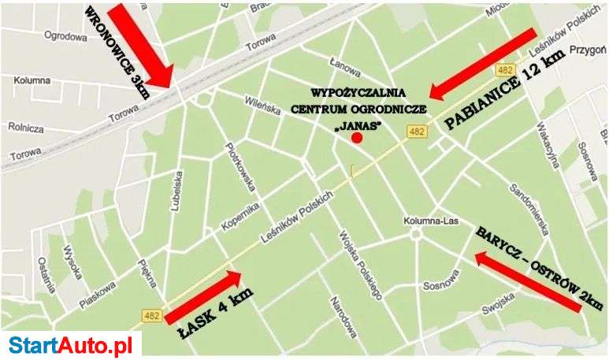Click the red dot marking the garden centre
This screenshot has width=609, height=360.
pos(356,138)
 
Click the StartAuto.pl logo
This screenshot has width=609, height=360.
pos(70,344)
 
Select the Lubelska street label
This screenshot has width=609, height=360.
pos(177,193)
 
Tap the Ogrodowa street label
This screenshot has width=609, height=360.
pos(65,36)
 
